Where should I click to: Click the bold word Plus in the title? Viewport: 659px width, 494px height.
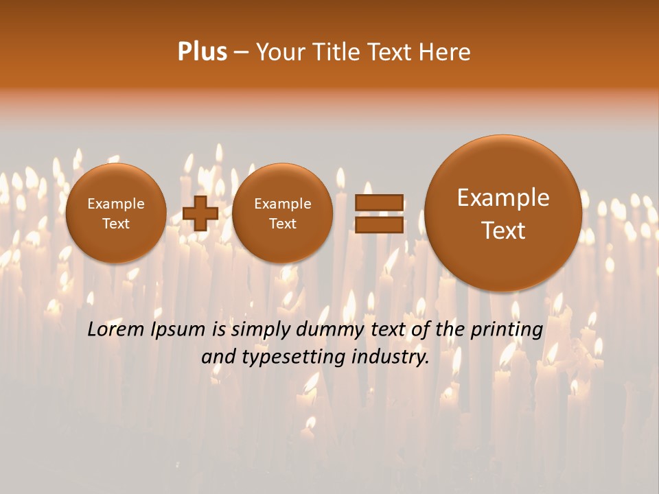[202, 52]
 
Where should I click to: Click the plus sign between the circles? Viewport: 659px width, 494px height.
[200, 213]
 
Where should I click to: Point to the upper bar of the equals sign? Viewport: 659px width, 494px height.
[379, 202]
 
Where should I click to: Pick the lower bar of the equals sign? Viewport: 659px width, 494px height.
[379, 224]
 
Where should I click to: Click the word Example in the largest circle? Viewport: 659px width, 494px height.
[503, 198]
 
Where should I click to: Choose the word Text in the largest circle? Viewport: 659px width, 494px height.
[503, 231]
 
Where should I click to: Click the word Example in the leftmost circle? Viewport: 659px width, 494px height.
[116, 204]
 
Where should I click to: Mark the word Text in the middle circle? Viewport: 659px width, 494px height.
[282, 224]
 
